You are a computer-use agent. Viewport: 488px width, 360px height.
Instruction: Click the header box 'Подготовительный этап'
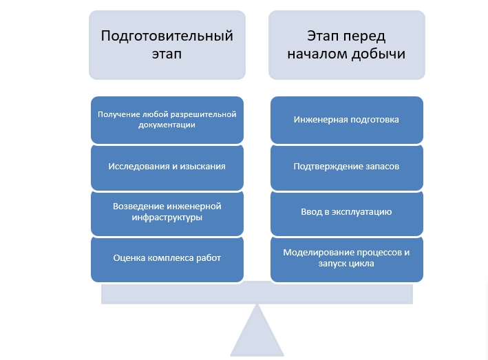[167, 45]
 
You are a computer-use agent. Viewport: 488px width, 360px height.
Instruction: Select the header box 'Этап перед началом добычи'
[347, 45]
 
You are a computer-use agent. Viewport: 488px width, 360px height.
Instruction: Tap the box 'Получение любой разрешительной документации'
[167, 120]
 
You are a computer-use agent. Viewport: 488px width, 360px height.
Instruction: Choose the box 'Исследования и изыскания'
[167, 167]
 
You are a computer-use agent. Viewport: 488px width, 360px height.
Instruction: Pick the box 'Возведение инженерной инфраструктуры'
[167, 213]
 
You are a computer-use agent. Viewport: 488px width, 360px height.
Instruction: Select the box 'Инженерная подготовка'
[347, 120]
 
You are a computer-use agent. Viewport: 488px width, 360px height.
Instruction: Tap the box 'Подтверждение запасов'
[347, 167]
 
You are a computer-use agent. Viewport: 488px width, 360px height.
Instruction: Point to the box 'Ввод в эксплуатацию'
[347, 213]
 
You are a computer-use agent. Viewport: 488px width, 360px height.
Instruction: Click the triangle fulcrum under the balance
[257, 336]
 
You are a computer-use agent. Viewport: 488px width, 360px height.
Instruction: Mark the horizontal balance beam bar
[257, 294]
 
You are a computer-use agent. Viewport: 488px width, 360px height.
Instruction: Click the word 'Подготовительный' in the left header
[167, 36]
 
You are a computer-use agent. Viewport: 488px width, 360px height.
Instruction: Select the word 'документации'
[167, 125]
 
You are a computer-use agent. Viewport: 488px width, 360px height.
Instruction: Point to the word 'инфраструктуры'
[167, 218]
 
